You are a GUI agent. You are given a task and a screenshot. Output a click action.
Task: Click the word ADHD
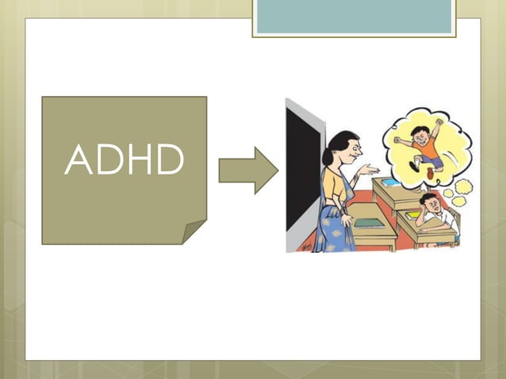click(x=125, y=160)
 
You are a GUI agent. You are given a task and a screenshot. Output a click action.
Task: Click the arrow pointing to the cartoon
click(x=247, y=170)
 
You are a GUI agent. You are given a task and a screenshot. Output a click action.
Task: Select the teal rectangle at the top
click(x=354, y=16)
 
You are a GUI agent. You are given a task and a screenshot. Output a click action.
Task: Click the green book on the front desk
click(x=368, y=223)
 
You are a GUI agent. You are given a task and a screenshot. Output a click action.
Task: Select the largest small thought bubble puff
click(x=462, y=187)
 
